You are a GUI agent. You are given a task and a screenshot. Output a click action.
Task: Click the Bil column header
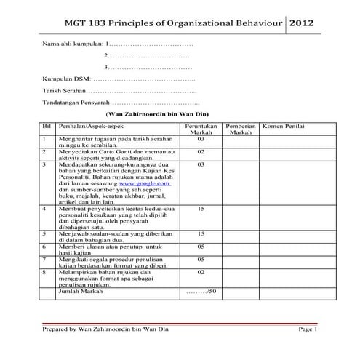click(47, 126)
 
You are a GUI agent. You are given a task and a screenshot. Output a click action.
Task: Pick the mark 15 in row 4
click(201, 208)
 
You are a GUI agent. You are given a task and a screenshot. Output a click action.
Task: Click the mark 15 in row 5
click(201, 233)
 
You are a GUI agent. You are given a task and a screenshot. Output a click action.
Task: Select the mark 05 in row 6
click(201, 247)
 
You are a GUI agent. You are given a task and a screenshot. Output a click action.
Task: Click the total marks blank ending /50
click(201, 291)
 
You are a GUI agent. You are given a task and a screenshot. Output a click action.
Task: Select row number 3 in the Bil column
click(45, 164)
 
